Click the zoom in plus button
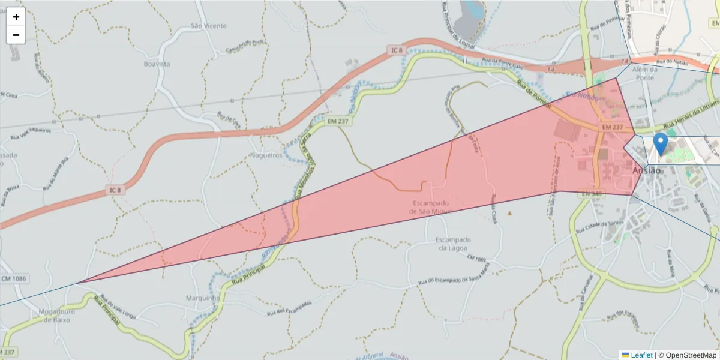click(x=16, y=17)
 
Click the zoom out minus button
click(x=16, y=35)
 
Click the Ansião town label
click(x=647, y=171)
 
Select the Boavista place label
click(x=157, y=64)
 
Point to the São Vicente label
click(x=208, y=26)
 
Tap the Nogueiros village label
click(x=265, y=155)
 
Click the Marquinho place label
click(x=204, y=298)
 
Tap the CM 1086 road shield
click(x=14, y=279)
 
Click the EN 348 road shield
click(x=592, y=194)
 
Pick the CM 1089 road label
click(x=476, y=258)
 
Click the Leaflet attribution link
click(x=641, y=355)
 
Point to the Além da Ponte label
click(x=645, y=73)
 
